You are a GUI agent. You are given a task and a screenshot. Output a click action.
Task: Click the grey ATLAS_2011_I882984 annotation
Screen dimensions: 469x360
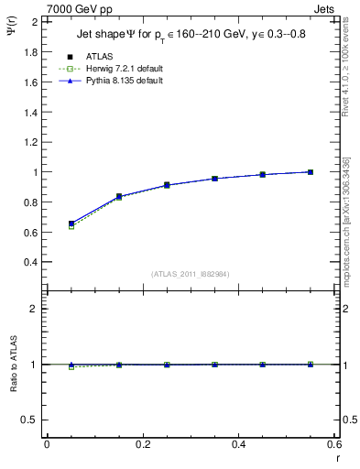(190, 273)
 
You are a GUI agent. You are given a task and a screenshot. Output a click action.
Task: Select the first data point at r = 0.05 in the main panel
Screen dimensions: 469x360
(71, 224)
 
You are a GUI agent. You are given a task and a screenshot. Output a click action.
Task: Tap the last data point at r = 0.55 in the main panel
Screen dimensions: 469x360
(311, 172)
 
